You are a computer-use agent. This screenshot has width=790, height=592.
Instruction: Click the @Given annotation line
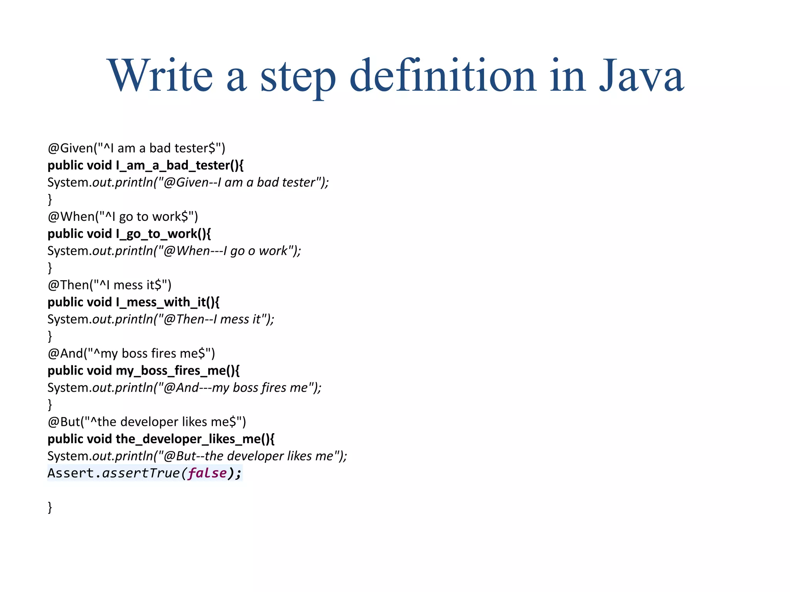pos(136,148)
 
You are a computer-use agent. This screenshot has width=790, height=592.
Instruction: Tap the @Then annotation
pos(68,285)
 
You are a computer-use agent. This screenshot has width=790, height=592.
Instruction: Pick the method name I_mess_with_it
pos(164,302)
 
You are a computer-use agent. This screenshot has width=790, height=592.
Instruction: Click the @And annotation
pos(65,353)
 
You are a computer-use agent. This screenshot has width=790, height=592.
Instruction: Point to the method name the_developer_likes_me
pos(191,439)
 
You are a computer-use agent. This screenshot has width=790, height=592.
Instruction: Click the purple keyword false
pos(208,473)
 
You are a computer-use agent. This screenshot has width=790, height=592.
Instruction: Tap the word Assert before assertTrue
pos(71,473)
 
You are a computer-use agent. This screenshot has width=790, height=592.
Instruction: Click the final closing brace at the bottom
pos(50,507)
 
